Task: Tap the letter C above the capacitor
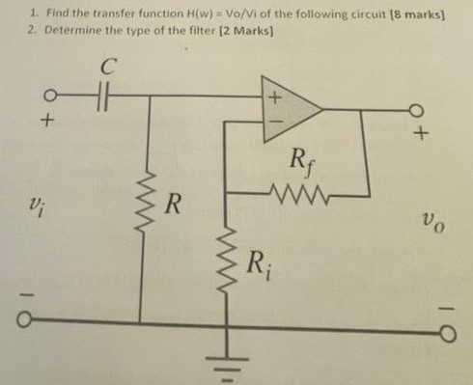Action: tap(109, 69)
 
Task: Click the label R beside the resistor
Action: tap(173, 204)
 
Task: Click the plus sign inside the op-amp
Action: tap(272, 96)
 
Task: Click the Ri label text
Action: tap(257, 261)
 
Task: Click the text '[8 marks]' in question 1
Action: tap(406, 13)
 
